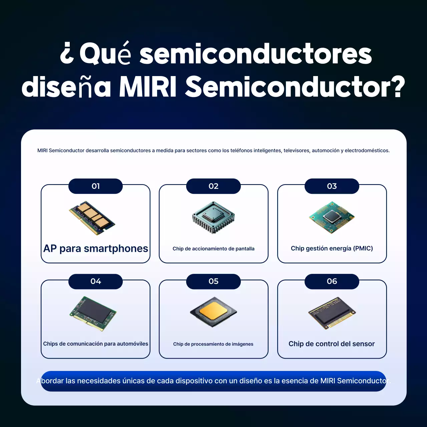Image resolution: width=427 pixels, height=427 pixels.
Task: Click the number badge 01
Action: tap(95, 186)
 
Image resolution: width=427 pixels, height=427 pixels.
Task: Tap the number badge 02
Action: tap(213, 186)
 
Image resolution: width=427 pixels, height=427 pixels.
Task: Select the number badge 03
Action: tap(332, 186)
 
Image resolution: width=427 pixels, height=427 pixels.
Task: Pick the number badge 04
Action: tap(95, 281)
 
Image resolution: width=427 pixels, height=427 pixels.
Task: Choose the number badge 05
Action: tap(213, 281)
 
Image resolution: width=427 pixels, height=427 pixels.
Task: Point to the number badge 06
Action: tap(332, 281)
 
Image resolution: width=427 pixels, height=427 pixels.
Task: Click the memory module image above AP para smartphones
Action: tap(92, 218)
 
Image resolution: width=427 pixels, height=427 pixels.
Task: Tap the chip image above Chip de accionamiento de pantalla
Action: tap(213, 217)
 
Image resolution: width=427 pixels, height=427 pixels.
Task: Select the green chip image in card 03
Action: tap(332, 217)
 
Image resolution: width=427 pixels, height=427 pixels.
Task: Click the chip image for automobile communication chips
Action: tap(93, 313)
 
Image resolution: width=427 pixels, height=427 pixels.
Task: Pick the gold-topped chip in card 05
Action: tap(213, 312)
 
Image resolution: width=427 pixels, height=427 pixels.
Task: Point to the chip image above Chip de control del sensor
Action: tap(332, 313)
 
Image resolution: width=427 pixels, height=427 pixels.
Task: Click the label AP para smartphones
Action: tap(96, 249)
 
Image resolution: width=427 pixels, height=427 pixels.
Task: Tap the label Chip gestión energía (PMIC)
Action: tap(332, 249)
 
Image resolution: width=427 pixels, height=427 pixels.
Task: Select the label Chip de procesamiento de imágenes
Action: tap(213, 344)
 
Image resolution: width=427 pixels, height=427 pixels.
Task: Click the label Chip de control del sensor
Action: tap(332, 344)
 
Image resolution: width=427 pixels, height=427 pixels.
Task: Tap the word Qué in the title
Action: tap(105, 54)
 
